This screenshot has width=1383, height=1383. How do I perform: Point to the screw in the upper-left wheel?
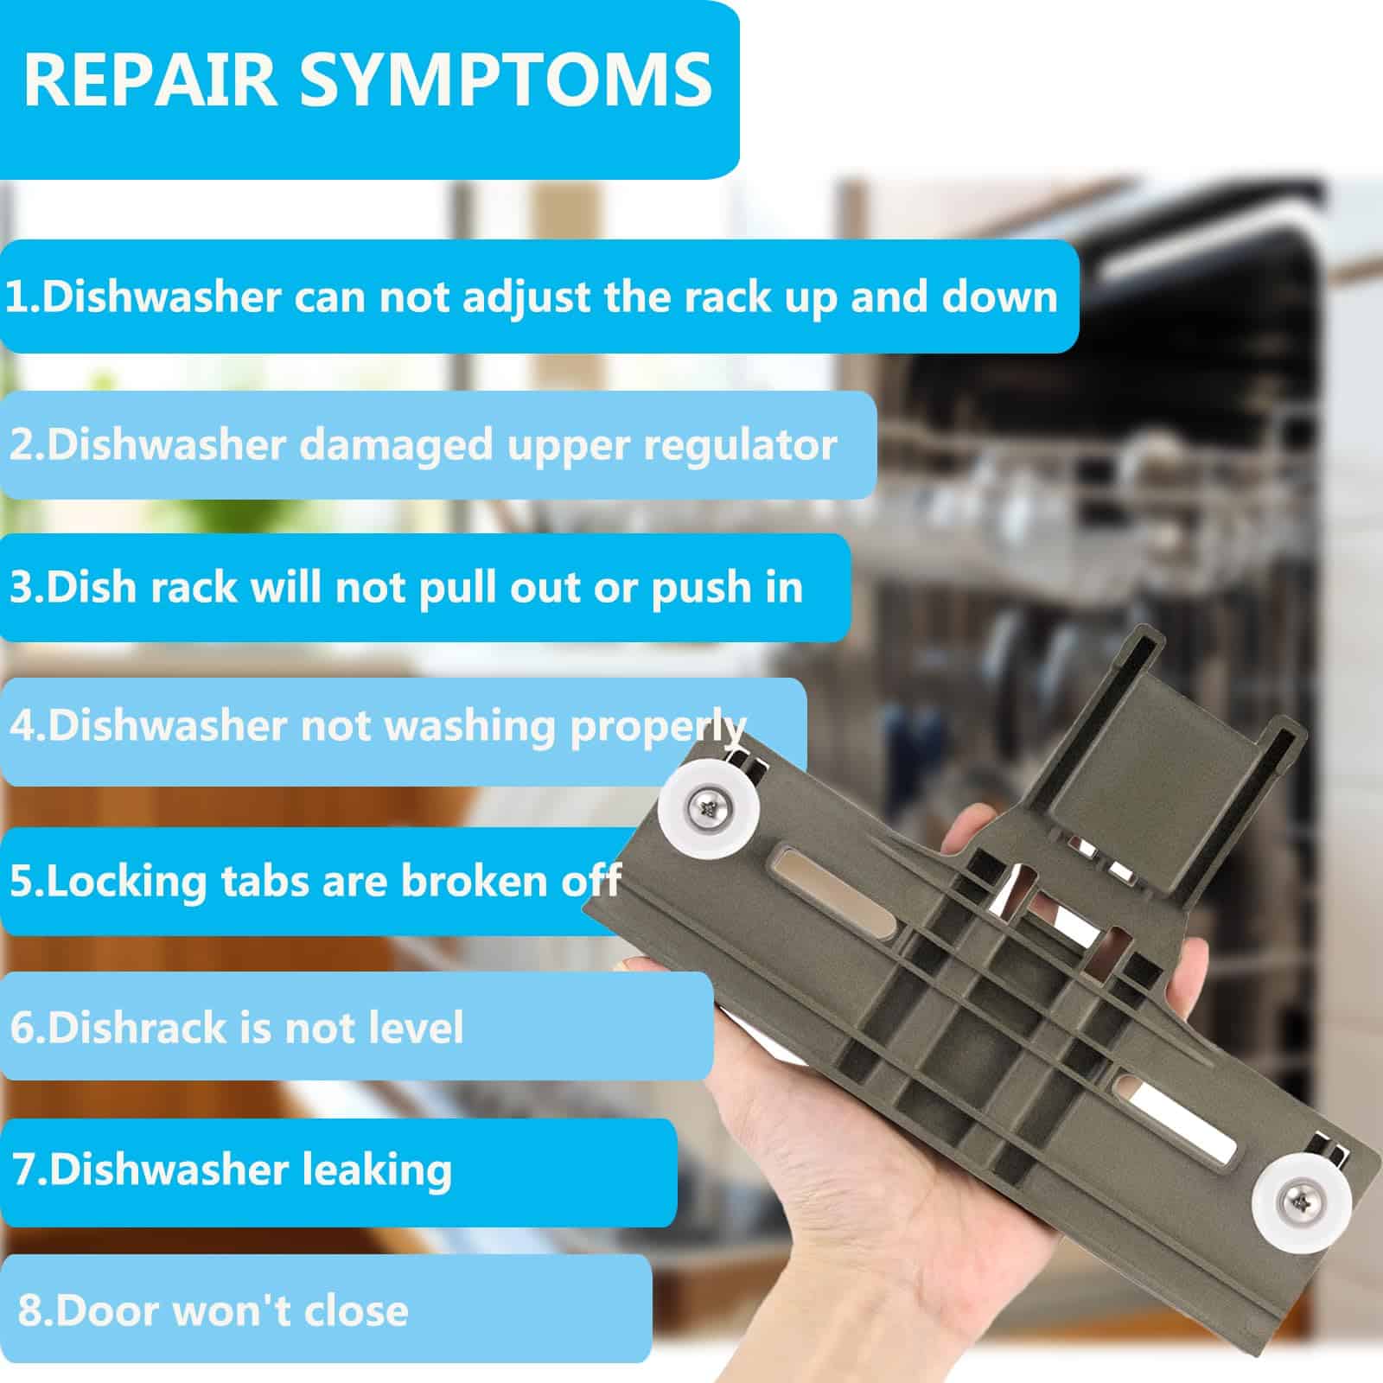[706, 810]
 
